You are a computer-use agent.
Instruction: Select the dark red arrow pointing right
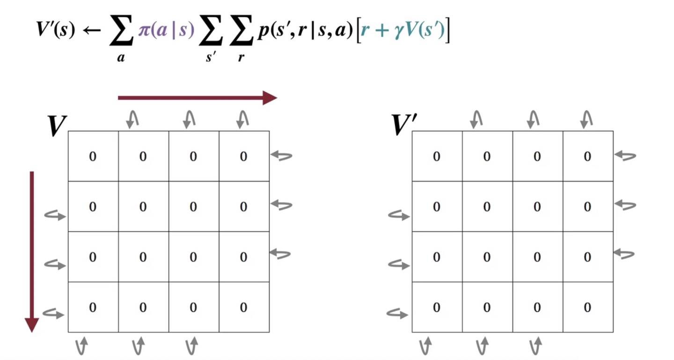click(x=197, y=98)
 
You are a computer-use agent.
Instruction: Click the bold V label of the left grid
click(x=58, y=126)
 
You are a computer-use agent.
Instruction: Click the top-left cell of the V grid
click(x=93, y=156)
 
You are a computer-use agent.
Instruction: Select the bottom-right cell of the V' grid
click(x=587, y=307)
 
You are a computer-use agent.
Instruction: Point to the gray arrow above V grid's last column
click(x=242, y=119)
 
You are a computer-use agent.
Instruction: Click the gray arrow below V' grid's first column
click(x=425, y=346)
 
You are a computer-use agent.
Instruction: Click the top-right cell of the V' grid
click(x=587, y=156)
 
